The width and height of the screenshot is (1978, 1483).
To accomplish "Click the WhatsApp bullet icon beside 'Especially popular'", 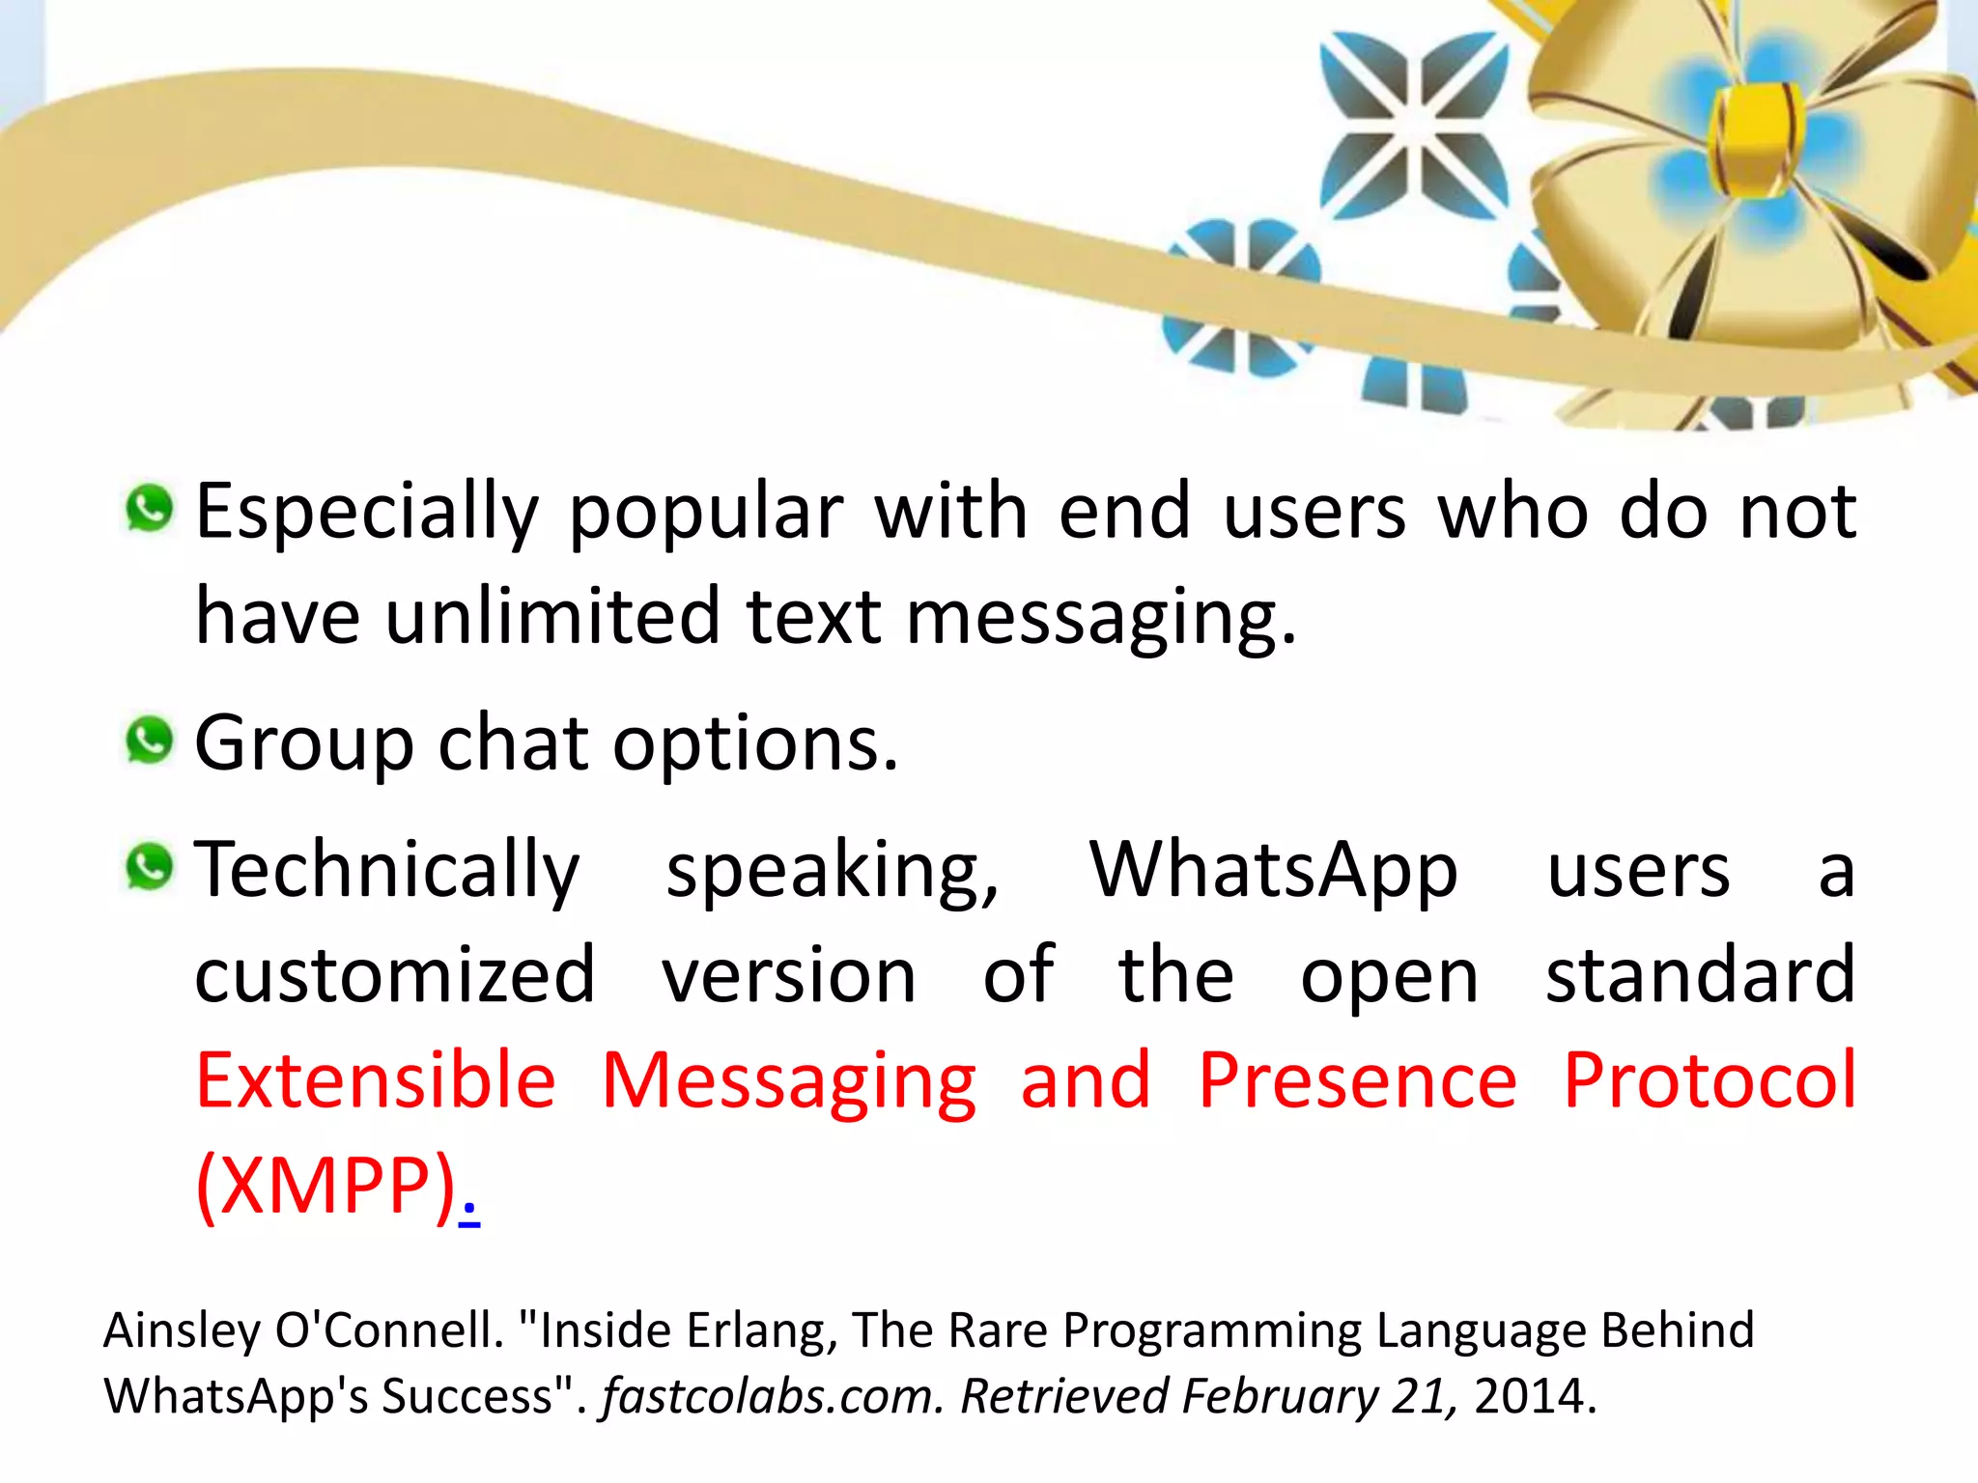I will (149, 509).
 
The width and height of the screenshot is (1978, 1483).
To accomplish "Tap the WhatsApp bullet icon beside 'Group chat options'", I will (149, 741).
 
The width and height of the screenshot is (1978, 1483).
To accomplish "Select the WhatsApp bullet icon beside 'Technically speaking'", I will (149, 866).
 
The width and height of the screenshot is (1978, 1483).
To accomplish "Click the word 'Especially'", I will (367, 512).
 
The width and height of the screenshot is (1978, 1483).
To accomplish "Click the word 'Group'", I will (304, 743).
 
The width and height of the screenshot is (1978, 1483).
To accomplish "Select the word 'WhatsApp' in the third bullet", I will (1273, 871).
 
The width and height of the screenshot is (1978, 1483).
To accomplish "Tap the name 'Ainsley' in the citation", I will (182, 1330).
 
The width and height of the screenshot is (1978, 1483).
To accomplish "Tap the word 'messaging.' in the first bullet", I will (1101, 618).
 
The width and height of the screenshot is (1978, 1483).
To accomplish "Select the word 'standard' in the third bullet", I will (1700, 975).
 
